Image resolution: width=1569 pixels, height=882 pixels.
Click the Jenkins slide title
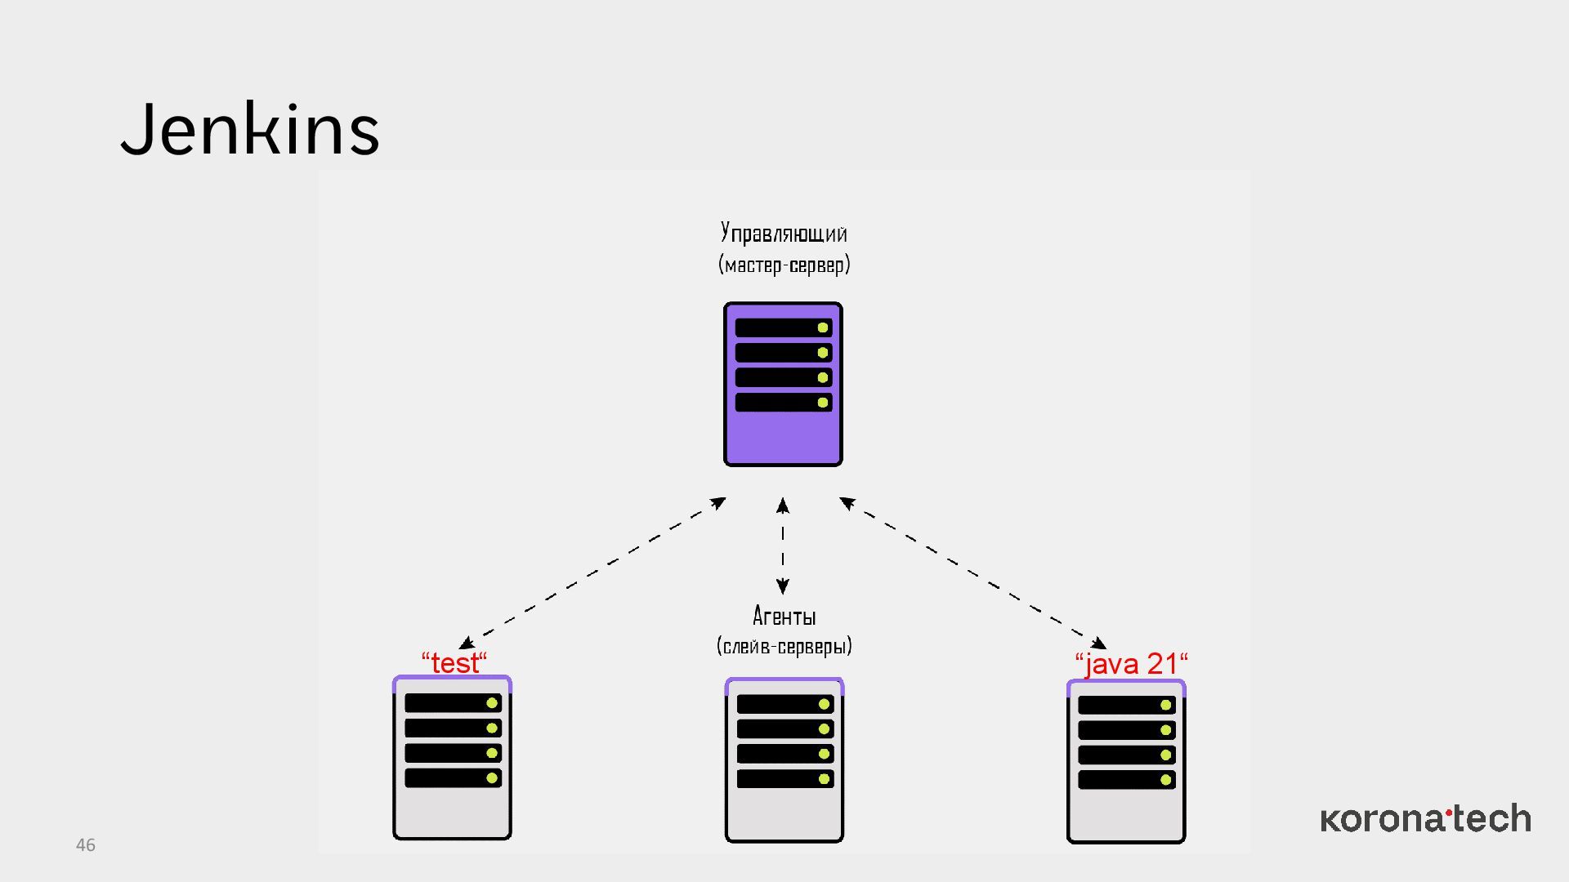point(250,129)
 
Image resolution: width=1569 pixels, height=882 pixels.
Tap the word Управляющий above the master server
point(784,234)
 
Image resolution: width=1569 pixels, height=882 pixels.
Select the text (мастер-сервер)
point(784,265)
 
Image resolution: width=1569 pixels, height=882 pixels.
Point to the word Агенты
point(784,616)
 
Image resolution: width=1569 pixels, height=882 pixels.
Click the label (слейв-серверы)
point(784,646)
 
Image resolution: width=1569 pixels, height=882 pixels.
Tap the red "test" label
point(454,662)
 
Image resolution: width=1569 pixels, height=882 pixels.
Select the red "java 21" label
point(1131,663)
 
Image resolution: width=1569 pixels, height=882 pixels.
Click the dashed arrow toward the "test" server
point(592,572)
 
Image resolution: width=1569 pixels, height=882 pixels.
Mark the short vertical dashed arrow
point(783,546)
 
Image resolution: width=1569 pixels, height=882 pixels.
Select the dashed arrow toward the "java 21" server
point(972,572)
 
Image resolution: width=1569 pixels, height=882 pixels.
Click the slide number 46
point(86,845)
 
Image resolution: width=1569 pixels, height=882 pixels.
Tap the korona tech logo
point(1425,818)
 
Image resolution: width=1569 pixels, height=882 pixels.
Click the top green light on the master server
point(823,327)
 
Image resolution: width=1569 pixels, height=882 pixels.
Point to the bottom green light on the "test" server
point(492,777)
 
